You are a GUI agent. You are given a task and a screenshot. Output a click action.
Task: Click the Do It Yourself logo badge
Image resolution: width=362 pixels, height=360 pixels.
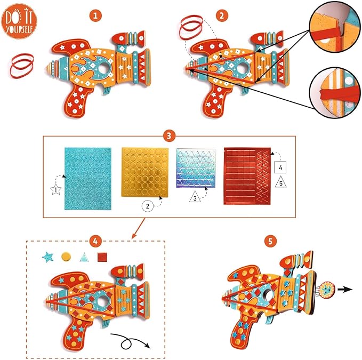[18, 20]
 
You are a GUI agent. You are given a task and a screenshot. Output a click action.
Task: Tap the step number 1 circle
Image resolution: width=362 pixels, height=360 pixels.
[96, 17]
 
